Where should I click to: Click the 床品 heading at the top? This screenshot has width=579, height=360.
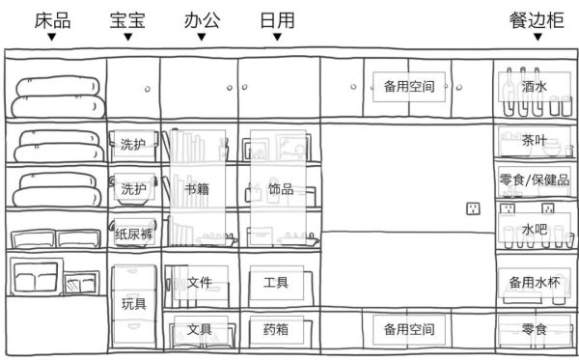click(52, 20)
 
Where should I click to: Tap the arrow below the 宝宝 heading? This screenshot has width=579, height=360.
click(127, 37)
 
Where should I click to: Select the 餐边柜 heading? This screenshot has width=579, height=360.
click(537, 20)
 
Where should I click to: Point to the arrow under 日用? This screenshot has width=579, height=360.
click(277, 37)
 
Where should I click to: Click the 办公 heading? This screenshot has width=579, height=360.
click(202, 20)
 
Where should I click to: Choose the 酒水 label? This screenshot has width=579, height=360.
click(534, 87)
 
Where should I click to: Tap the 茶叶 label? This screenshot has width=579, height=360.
click(534, 140)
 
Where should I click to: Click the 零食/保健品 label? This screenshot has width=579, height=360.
click(535, 180)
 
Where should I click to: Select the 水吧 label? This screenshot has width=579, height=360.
click(534, 230)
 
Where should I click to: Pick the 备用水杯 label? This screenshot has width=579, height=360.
click(535, 283)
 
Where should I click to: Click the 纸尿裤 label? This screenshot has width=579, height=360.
click(134, 234)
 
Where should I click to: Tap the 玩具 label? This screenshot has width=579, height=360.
click(134, 304)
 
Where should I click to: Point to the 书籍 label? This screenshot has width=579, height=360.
click(197, 189)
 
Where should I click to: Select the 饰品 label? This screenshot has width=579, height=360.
click(281, 189)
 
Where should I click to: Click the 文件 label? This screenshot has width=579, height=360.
click(200, 283)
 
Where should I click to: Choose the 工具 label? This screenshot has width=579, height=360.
click(276, 283)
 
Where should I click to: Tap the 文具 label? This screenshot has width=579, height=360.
click(200, 329)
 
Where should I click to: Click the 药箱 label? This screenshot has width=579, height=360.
click(276, 329)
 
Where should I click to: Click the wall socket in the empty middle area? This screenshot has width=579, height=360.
click(473, 208)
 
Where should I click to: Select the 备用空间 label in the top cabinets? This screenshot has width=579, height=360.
click(409, 87)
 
